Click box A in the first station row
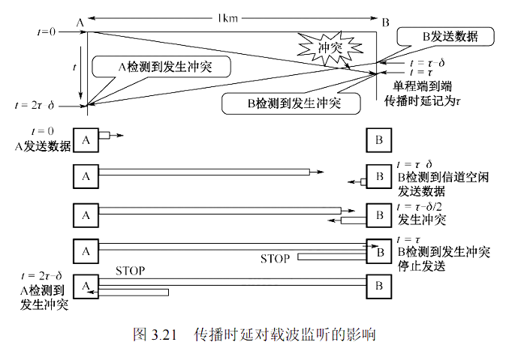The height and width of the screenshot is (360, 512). [x=86, y=139]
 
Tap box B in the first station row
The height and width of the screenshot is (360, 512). [x=380, y=139]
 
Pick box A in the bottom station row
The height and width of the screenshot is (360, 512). [x=86, y=285]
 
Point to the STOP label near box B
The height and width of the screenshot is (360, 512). [x=274, y=259]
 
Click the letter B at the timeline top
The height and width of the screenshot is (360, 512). [x=385, y=22]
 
